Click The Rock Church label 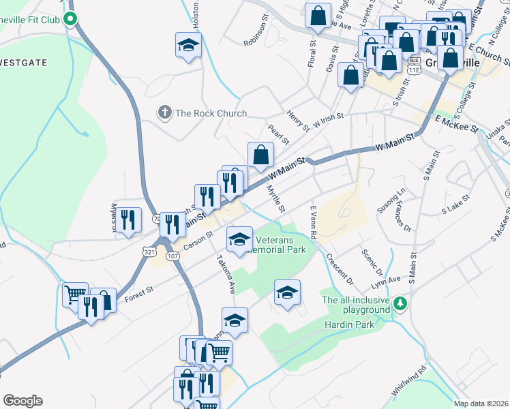pyautogui.click(x=211, y=113)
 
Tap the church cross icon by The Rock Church pyautogui.click(x=164, y=112)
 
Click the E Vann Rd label pyautogui.click(x=314, y=223)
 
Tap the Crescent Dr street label pyautogui.click(x=340, y=269)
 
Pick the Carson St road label pyautogui.click(x=198, y=241)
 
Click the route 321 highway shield pyautogui.click(x=149, y=252)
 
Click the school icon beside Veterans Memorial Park pyautogui.click(x=239, y=240)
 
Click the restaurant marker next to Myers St pyautogui.click(x=128, y=219)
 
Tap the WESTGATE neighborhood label pyautogui.click(x=24, y=63)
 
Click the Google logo pyautogui.click(x=22, y=400)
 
